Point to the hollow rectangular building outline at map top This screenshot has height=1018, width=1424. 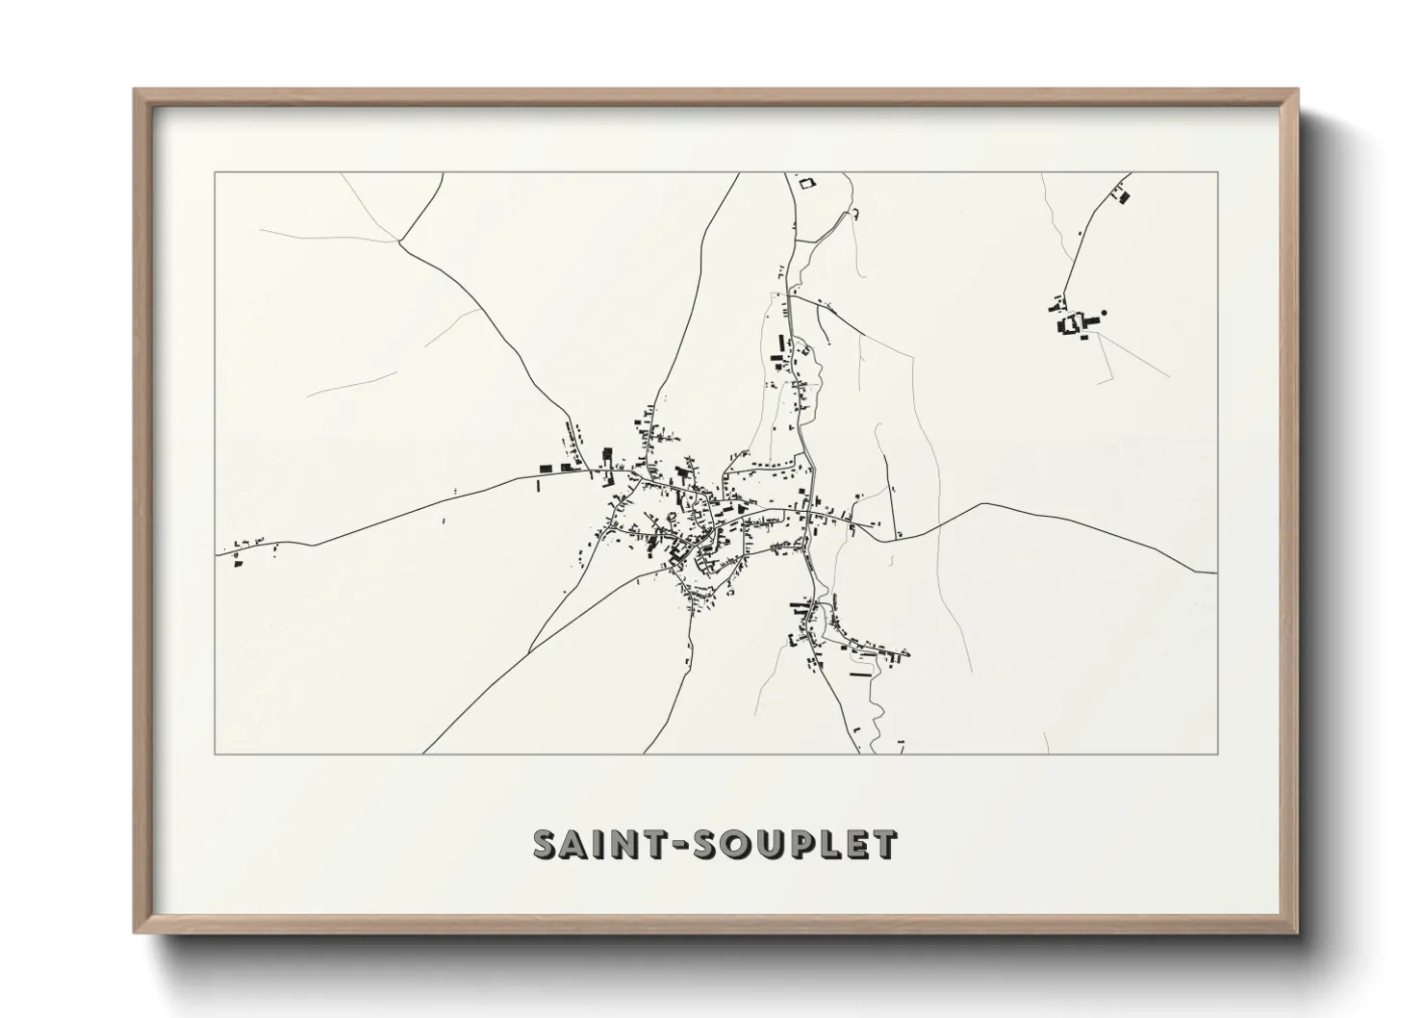(x=806, y=181)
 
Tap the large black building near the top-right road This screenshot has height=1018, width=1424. (x=1124, y=197)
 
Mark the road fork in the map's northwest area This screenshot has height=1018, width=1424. (x=399, y=242)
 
